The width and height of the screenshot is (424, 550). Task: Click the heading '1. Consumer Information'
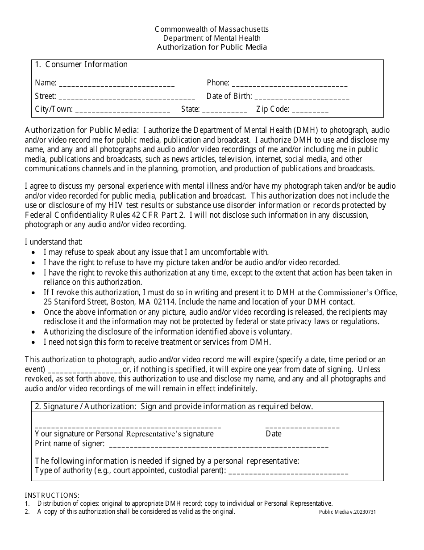[82, 64]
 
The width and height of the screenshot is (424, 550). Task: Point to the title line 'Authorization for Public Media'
[212, 47]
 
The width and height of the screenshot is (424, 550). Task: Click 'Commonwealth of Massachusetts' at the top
[212, 29]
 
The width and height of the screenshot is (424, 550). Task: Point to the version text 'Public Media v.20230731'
[347, 512]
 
